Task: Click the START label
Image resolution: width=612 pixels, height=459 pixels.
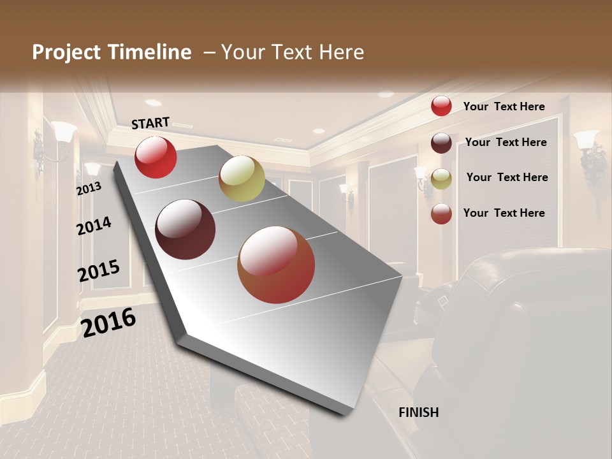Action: tap(150, 123)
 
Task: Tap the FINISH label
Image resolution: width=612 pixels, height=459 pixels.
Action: tap(419, 412)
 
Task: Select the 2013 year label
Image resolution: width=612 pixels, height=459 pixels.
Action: tap(89, 189)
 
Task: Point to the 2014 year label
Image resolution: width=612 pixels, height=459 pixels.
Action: tap(94, 226)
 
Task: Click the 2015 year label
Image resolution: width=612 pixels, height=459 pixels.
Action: tap(99, 271)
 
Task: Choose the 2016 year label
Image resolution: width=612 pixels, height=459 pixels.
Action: tap(108, 322)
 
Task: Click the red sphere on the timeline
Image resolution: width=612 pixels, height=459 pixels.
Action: tap(156, 157)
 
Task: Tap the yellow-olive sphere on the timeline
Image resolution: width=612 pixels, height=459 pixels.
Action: tap(242, 178)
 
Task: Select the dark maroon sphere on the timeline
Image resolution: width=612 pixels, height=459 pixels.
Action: tap(186, 229)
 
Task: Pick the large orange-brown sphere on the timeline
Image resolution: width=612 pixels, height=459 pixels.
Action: tap(276, 265)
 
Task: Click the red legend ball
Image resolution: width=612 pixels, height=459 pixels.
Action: tap(441, 106)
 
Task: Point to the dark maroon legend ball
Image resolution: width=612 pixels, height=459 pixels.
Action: tap(441, 143)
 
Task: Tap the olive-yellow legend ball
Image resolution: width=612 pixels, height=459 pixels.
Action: tap(441, 178)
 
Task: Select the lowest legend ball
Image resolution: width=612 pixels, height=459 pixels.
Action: tap(441, 214)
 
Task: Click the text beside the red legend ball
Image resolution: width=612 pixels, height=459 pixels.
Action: tap(504, 106)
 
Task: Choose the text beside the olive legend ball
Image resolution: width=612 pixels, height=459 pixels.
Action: tap(507, 177)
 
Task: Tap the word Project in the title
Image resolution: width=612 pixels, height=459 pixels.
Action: tap(66, 52)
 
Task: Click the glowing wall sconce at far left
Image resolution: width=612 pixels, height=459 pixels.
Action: tap(62, 134)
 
